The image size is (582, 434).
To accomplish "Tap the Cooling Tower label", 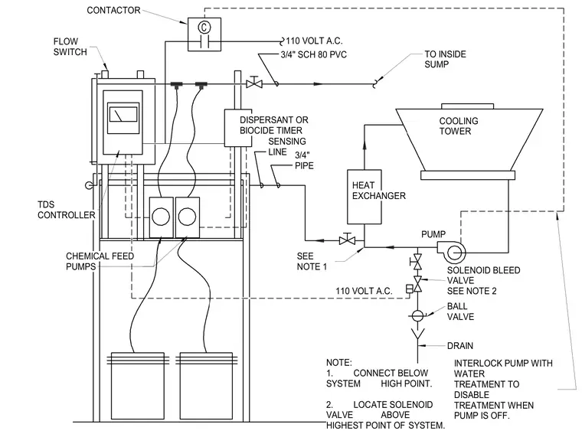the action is coord(459,126).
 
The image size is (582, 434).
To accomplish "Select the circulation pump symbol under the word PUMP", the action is coord(451,252).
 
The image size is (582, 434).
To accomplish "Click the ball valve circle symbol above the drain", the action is coord(417,315).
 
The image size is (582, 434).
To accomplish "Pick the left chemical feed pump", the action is coord(161,217).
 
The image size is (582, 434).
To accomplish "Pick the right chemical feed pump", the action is coord(187,217).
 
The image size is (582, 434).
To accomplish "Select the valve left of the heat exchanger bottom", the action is coord(347,240).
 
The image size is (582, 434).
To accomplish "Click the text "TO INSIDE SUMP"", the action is coord(445,60).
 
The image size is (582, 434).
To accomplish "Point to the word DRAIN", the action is coord(460,346).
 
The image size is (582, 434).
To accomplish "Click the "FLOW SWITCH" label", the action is coord(70,47).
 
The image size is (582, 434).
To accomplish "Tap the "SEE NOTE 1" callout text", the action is coord(312,261).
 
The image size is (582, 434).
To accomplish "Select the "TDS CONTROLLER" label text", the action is coord(67,210).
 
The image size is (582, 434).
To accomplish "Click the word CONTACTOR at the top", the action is coord(113,11).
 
